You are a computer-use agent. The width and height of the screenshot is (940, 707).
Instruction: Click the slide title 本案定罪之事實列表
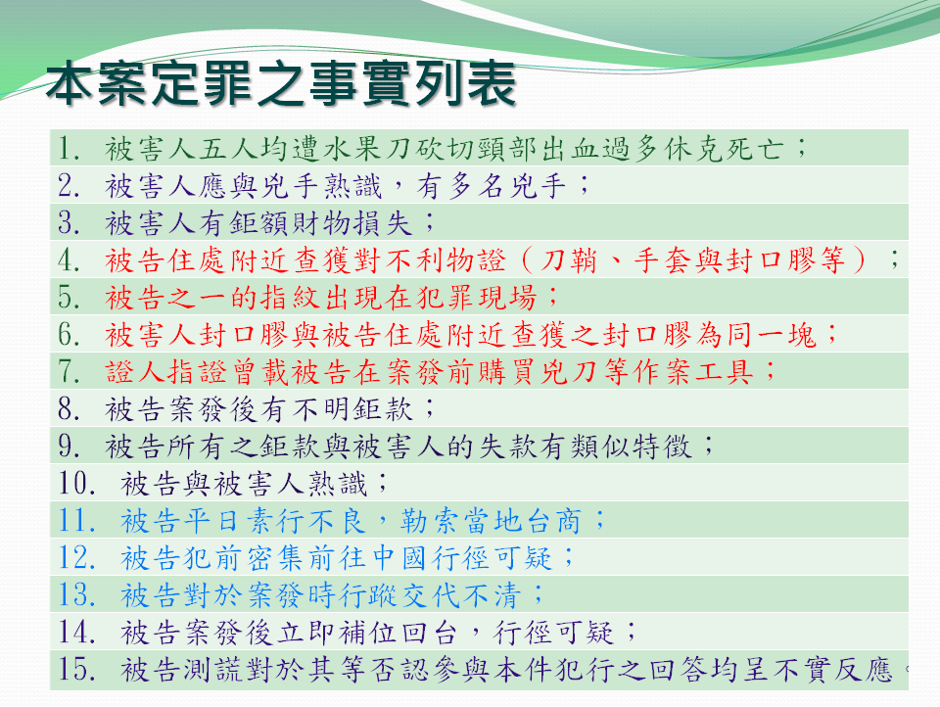pos(281,83)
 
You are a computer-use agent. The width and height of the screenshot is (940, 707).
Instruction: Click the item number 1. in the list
pos(70,148)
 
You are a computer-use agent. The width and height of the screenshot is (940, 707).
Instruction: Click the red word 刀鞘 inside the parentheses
pos(568,260)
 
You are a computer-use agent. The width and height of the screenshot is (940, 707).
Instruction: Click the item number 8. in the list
pos(70,409)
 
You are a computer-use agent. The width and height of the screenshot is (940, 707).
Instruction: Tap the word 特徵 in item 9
pos(663,447)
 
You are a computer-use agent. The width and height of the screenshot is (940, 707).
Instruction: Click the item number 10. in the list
pos(76,484)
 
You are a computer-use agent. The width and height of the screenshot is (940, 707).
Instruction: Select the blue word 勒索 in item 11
pos(429,521)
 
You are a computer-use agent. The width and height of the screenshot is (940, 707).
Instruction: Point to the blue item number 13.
pos(76,594)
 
